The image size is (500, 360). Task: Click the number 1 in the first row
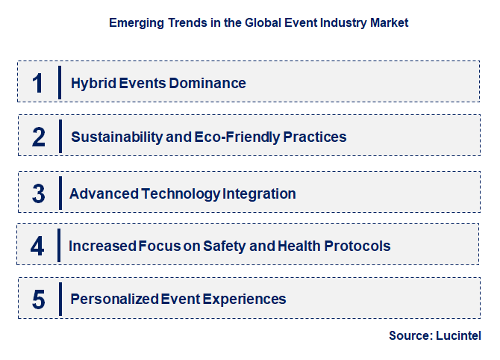pyautogui.click(x=38, y=83)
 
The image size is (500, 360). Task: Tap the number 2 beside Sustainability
pyautogui.click(x=39, y=137)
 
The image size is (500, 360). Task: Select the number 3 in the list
pyautogui.click(x=39, y=193)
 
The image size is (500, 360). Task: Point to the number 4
pyautogui.click(x=38, y=246)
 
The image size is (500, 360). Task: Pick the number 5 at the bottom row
pyautogui.click(x=39, y=300)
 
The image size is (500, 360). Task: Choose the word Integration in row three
pyautogui.click(x=259, y=193)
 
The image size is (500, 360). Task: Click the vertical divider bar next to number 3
pyautogui.click(x=60, y=193)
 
